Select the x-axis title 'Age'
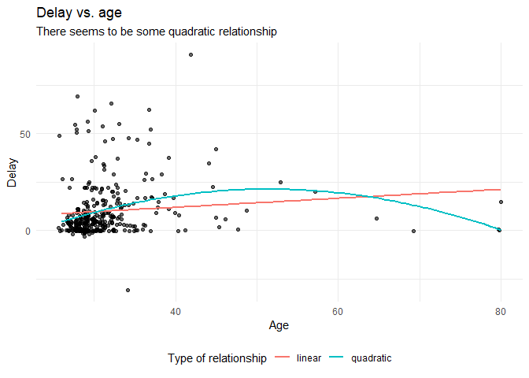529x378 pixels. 279,324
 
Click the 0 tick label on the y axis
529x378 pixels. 27,231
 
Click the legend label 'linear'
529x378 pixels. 309,358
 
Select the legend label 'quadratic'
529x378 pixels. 372,358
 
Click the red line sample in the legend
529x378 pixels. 283,358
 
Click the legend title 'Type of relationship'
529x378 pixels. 217,358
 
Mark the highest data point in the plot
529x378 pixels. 191,54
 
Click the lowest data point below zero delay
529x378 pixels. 128,290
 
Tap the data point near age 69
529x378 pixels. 413,231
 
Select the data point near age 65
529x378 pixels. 376,218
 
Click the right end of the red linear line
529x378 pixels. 500,189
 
